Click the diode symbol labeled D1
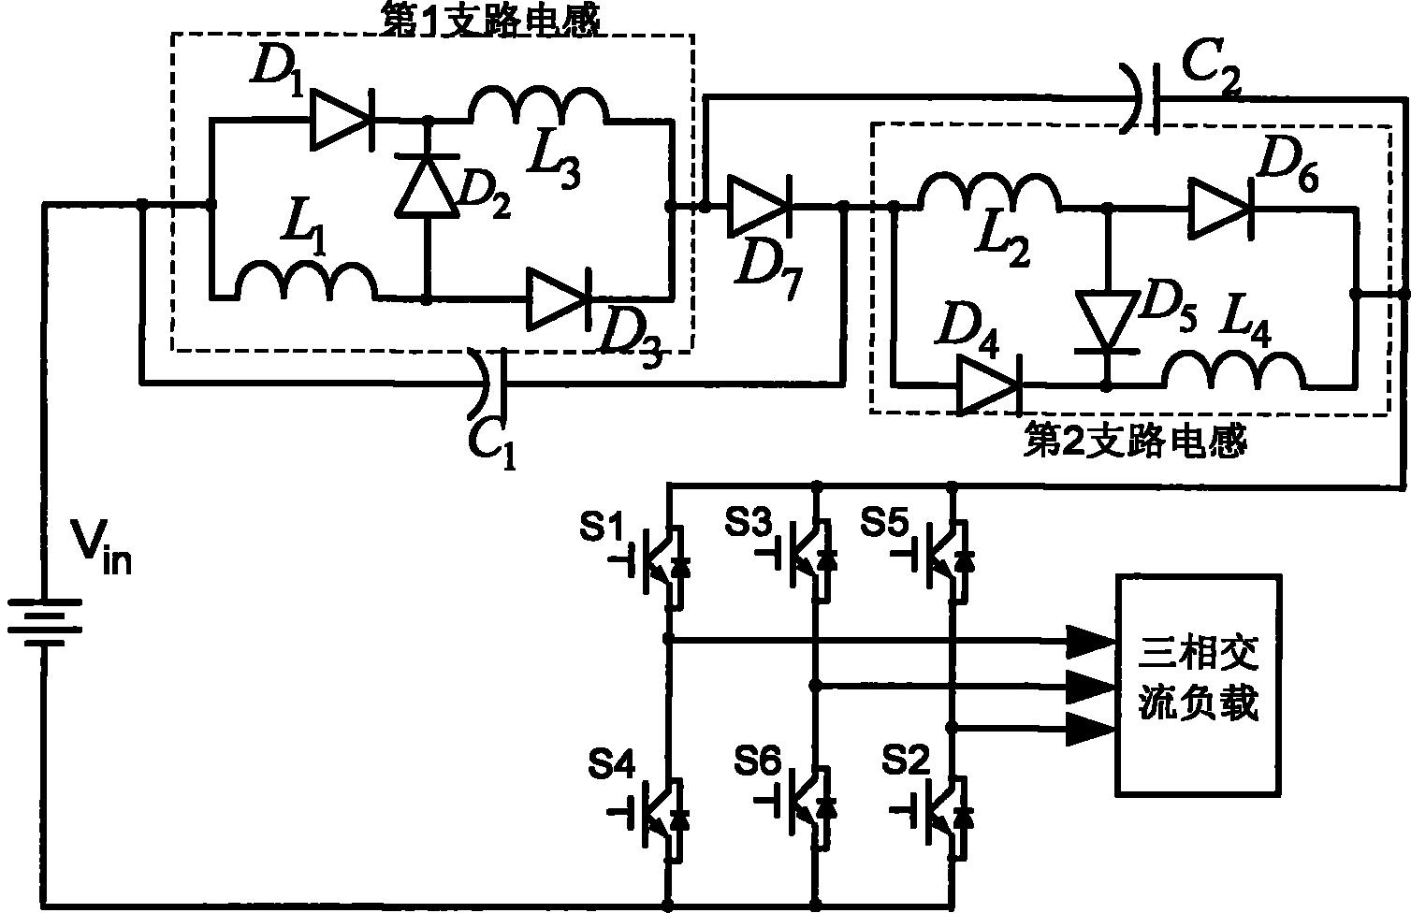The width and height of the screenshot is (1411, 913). [342, 120]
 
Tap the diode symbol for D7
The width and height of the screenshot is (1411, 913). [759, 205]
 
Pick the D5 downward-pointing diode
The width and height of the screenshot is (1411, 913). [1107, 321]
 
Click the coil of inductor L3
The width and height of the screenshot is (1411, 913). [539, 104]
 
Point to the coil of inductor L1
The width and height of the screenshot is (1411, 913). [306, 281]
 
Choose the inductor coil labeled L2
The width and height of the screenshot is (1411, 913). [989, 192]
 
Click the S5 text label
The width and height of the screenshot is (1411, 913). [884, 523]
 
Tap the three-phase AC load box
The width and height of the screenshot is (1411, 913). [1198, 685]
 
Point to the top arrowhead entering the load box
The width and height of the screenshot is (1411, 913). [1091, 642]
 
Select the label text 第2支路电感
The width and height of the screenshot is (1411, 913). [1134, 441]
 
